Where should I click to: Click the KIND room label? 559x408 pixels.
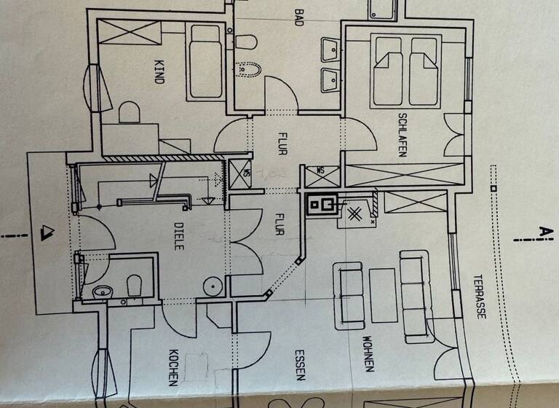pyautogui.click(x=159, y=71)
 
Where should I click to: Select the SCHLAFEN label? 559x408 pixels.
pyautogui.click(x=402, y=135)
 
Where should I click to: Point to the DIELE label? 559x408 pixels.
pyautogui.click(x=179, y=236)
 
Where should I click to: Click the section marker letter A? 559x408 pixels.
pyautogui.click(x=542, y=232)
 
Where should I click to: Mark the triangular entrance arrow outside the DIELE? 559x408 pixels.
pyautogui.click(x=49, y=233)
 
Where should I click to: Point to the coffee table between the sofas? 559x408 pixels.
pyautogui.click(x=383, y=294)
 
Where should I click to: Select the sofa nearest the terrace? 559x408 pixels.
pyautogui.click(x=416, y=296)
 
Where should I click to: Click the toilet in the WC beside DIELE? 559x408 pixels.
pyautogui.click(x=133, y=286)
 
